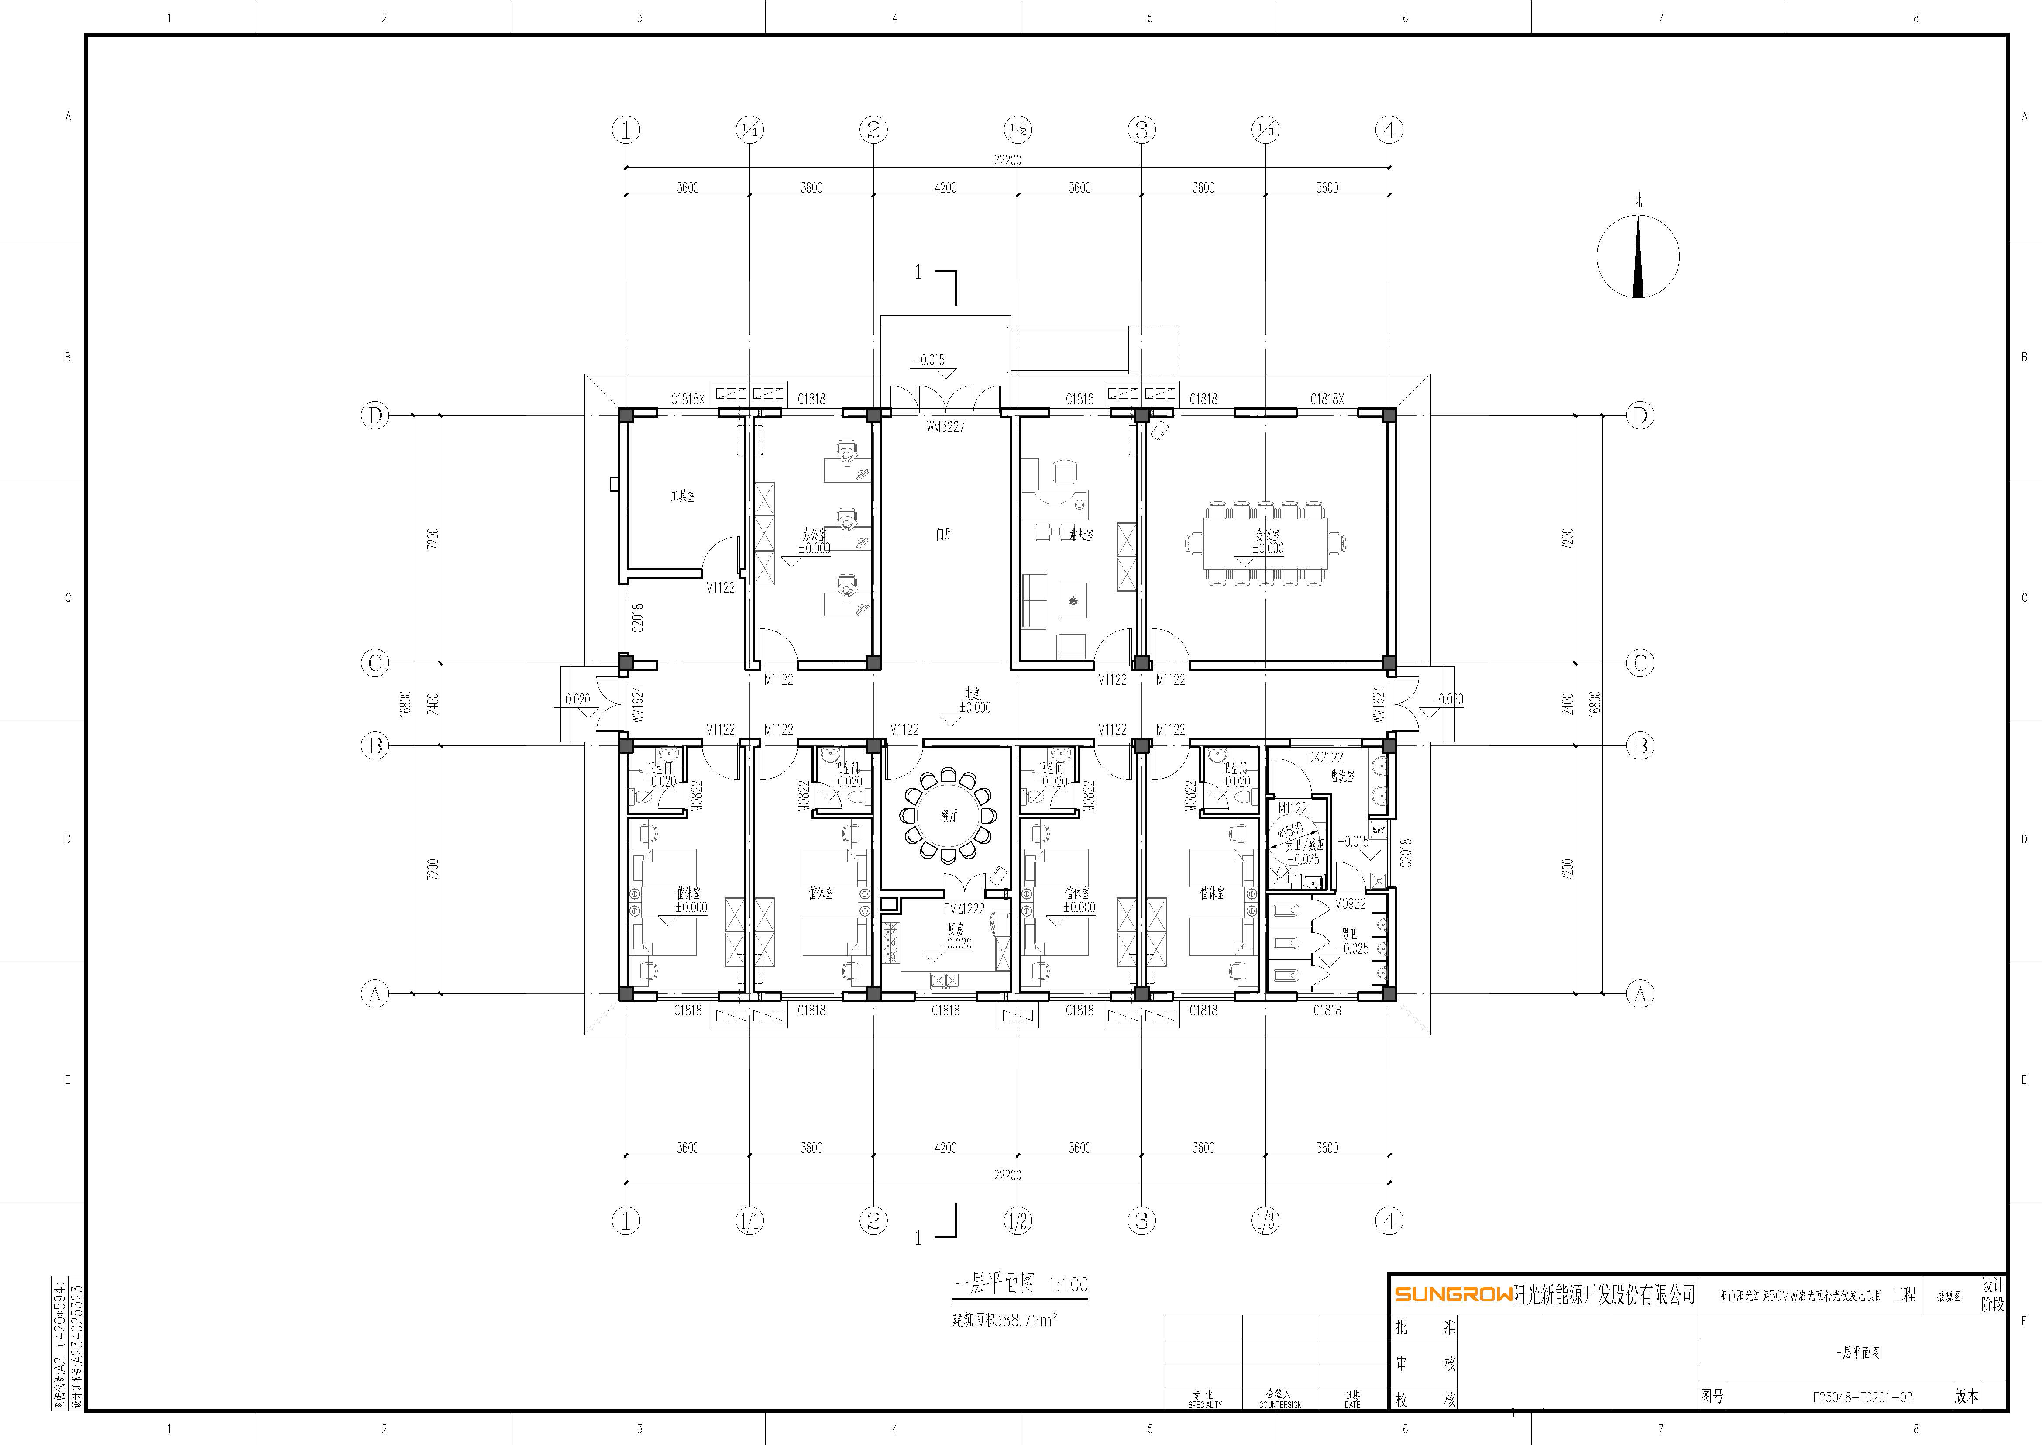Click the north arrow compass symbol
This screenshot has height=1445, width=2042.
1638,256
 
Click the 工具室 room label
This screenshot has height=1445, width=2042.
683,496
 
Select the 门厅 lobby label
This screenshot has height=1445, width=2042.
945,534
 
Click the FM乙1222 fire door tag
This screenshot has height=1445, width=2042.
964,908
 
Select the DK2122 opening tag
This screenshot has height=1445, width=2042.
1325,757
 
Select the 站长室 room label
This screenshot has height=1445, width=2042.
1082,535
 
